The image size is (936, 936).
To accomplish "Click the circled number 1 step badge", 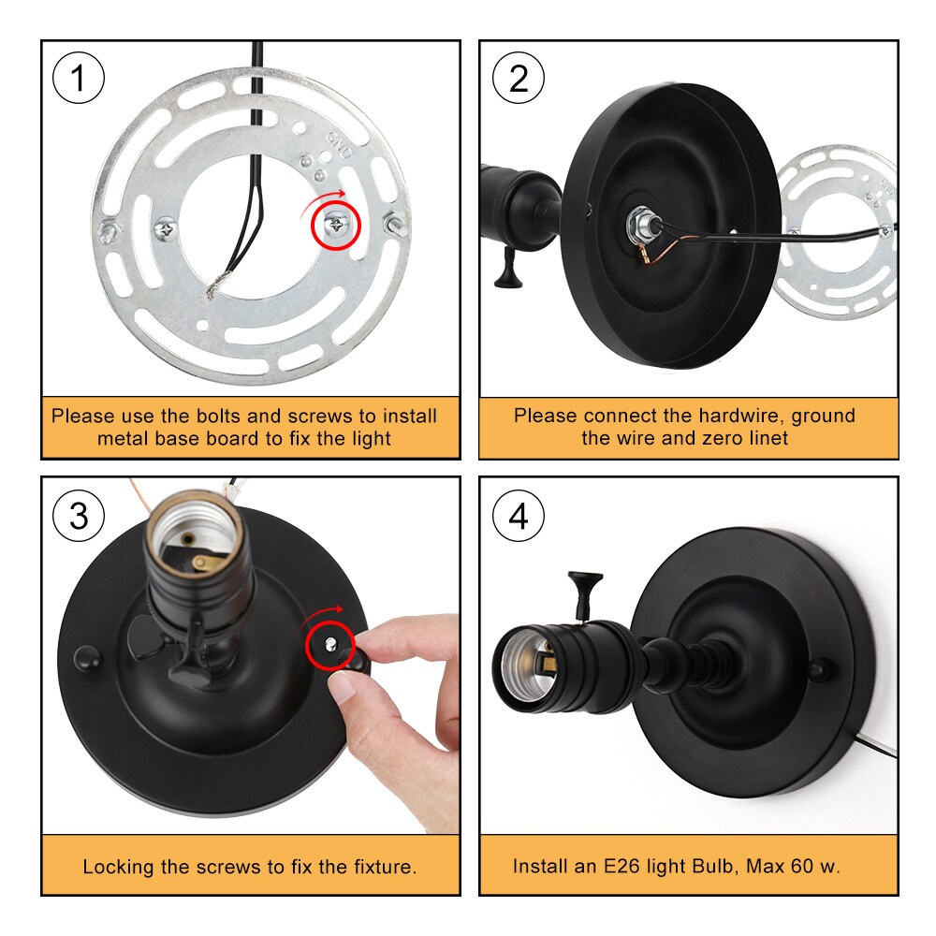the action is (79, 79).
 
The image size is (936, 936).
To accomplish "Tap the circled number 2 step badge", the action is (519, 79).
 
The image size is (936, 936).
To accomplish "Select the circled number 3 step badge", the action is (79, 516).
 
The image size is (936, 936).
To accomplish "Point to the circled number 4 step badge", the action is (519, 516).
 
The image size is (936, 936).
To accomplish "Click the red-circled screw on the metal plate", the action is (336, 225).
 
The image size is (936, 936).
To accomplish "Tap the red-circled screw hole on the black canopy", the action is (329, 644).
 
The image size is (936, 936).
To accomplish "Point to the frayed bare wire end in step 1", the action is (215, 285).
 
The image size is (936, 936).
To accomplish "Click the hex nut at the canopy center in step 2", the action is (640, 225).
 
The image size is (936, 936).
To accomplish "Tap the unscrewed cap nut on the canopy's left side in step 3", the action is (88, 658).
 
